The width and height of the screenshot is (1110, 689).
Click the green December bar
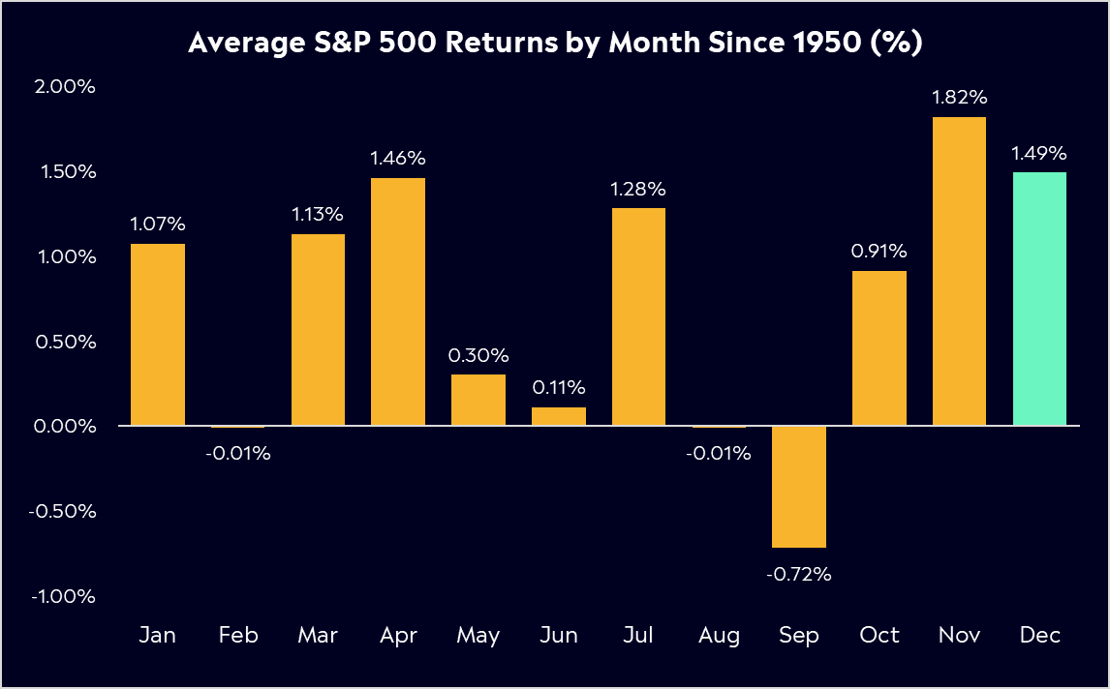coord(1039,299)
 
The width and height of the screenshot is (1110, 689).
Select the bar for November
coord(959,271)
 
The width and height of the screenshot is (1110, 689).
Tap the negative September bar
coord(799,487)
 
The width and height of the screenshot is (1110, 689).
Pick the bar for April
coord(398,301)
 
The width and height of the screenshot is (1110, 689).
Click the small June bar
coord(559,416)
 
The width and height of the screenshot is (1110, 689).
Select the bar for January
coord(158,334)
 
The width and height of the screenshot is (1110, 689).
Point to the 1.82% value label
coord(959,97)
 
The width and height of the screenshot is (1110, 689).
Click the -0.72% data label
coord(799,574)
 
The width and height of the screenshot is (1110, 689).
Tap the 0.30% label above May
coord(478,355)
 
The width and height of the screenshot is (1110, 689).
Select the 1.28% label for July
coord(638,189)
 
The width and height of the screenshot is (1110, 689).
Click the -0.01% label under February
coord(237,453)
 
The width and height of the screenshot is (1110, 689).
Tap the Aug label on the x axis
coord(719,636)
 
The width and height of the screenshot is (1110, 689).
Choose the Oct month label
coord(879,636)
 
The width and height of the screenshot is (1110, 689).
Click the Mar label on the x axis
coord(318,636)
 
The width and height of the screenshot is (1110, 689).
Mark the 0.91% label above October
coord(879,252)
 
